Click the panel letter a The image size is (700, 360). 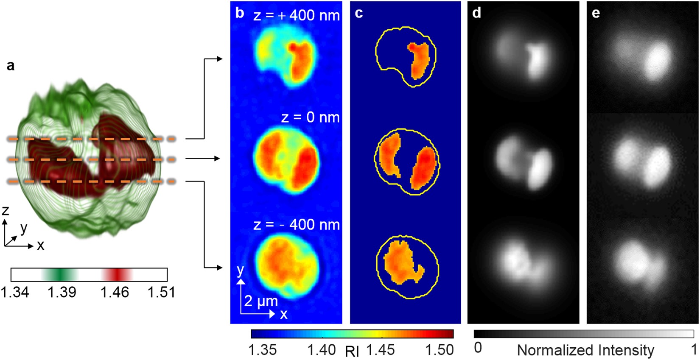click(10, 66)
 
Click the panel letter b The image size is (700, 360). click(240, 13)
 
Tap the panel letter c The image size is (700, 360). click(358, 14)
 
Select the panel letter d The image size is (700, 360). click(476, 13)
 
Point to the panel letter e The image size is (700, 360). click(596, 13)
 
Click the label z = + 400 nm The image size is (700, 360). click(296, 16)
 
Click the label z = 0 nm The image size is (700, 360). click(310, 117)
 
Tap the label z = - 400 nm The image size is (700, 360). click(296, 225)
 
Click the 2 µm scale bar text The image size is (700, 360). click(260, 301)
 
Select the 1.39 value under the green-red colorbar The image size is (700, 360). click(62, 292)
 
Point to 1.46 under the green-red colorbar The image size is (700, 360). click(115, 292)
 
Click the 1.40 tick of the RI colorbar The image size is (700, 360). click(321, 350)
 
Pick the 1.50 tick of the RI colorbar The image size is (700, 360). click(439, 350)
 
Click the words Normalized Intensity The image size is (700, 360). click(585, 350)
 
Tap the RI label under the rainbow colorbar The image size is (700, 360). click(352, 352)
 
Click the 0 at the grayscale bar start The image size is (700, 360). click(478, 348)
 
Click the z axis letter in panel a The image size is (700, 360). click(5, 211)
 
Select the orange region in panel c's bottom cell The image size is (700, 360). click(401, 261)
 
